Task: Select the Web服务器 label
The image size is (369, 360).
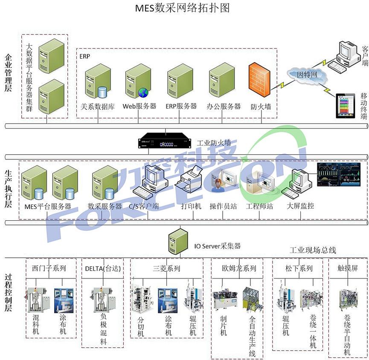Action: coord(139,106)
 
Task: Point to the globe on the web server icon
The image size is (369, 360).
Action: coord(142,92)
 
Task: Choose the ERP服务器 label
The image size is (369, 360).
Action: coord(181,106)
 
